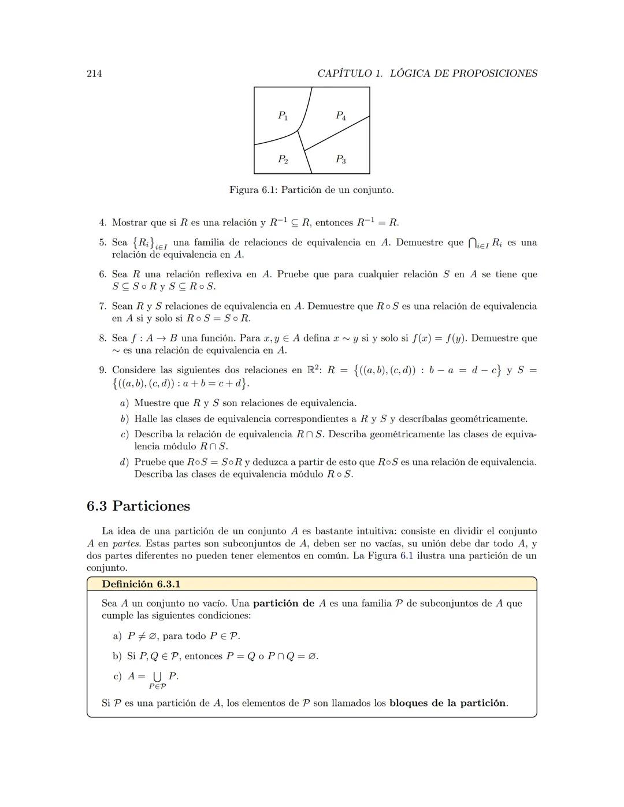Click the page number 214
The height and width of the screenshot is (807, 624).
[x=94, y=73]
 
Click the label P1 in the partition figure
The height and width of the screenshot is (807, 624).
[x=283, y=116]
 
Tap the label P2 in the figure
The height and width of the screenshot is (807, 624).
[x=283, y=159]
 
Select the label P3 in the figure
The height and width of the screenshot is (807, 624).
[x=341, y=159]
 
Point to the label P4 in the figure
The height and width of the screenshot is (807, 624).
[x=341, y=116]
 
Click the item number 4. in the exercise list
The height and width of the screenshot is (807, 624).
[x=103, y=222]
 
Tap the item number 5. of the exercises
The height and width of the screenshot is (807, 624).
[x=103, y=243]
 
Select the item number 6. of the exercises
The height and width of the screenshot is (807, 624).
[x=103, y=274]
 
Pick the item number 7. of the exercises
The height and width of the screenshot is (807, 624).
[x=103, y=306]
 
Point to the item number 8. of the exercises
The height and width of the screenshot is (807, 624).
[x=103, y=338]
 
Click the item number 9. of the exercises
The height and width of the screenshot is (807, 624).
[x=103, y=370]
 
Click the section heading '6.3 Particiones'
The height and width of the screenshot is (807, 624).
[x=138, y=506]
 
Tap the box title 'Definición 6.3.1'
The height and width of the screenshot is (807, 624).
[x=141, y=584]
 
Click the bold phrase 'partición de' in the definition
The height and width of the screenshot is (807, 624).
[x=284, y=603]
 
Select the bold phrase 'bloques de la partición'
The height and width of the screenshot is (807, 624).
[x=448, y=703]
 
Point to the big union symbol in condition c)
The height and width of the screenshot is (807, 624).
[x=157, y=676]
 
